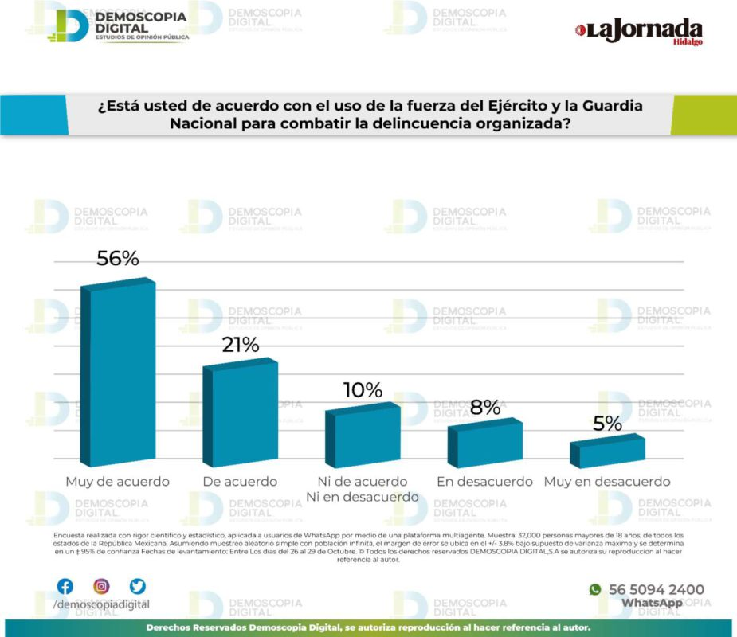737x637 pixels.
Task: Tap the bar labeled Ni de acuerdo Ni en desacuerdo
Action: point(366,437)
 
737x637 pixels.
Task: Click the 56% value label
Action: point(118,259)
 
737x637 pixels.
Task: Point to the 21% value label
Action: point(240,345)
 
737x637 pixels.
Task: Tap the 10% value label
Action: point(363,390)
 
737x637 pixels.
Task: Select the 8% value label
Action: point(485,407)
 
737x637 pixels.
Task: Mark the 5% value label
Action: point(607,424)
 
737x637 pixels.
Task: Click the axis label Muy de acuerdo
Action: point(117,482)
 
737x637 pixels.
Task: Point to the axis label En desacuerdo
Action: point(484,482)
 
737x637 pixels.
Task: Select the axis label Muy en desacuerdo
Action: point(607,482)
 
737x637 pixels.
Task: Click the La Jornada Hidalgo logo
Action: point(639,32)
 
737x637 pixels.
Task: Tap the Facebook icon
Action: point(65,587)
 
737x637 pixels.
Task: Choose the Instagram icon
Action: point(101,587)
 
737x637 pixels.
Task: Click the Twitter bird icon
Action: point(138,587)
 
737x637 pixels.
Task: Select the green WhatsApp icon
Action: point(594,590)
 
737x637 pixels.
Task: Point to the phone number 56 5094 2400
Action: point(656,590)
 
